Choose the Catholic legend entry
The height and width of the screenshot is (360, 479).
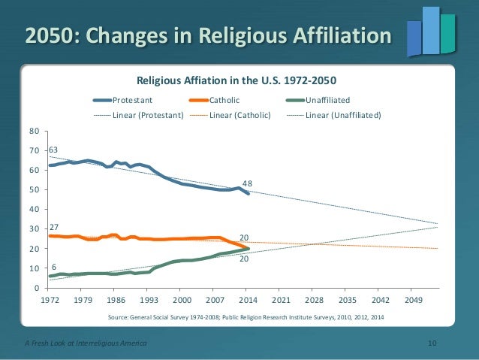pyautogui.click(x=224, y=99)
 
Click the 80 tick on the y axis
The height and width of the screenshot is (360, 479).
pyautogui.click(x=32, y=131)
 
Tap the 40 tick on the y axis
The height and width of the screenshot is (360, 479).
pyautogui.click(x=32, y=210)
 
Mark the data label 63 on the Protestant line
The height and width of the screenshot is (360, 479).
pyautogui.click(x=53, y=150)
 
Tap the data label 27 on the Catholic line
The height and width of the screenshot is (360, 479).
pyautogui.click(x=54, y=226)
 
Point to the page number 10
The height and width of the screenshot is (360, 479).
pyautogui.click(x=432, y=343)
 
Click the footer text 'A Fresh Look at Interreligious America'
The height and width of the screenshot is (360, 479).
pyautogui.click(x=83, y=343)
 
